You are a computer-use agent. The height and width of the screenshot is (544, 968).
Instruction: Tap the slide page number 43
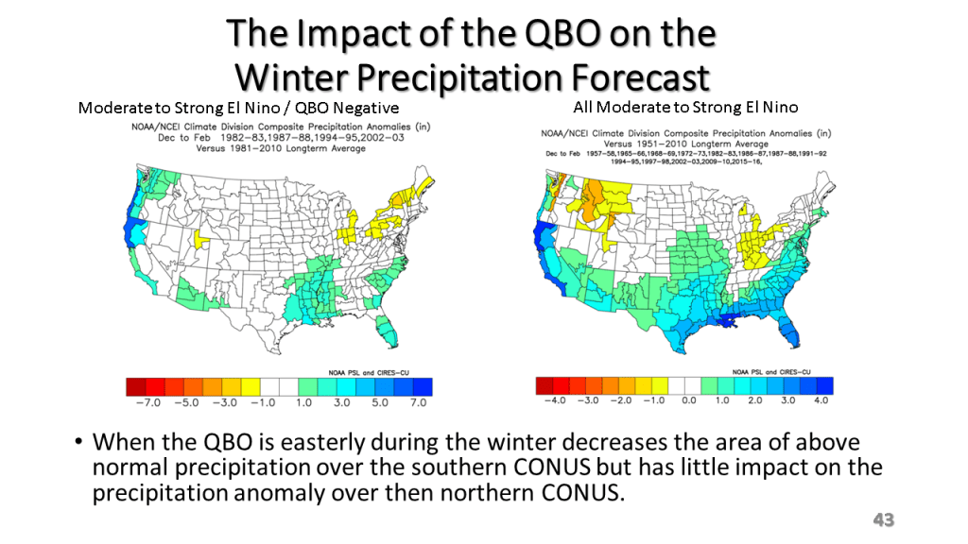coord(883,519)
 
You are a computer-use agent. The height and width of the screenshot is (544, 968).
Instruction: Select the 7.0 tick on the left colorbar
coord(418,402)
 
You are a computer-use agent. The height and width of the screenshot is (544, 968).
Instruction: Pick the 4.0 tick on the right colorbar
coord(821,400)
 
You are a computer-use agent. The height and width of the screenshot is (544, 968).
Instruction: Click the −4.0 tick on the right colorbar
coord(551,400)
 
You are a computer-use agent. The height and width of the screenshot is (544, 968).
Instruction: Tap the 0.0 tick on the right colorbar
coord(686,400)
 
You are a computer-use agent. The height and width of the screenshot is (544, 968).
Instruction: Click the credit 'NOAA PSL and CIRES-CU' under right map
coord(788,368)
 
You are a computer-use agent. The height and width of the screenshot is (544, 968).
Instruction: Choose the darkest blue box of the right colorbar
coord(823,384)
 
